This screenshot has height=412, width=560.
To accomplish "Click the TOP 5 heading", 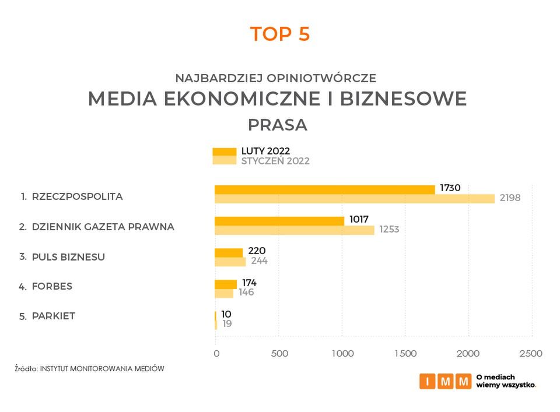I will (x=280, y=34).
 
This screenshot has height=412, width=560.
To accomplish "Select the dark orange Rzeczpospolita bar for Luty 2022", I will (x=324, y=189).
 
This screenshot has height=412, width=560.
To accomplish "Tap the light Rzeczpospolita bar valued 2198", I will (x=354, y=199).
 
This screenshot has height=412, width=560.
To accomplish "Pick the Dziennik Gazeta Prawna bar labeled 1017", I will (x=279, y=221).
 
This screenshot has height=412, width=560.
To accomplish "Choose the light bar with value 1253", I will (x=294, y=230).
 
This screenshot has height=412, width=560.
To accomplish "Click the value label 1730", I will (x=450, y=188).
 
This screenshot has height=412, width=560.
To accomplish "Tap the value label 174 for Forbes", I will (x=249, y=283).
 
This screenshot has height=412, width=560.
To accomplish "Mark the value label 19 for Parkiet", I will (x=227, y=323).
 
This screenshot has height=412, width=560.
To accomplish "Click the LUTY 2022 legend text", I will (x=265, y=152).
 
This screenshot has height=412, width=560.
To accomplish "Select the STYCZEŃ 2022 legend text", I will (x=275, y=161).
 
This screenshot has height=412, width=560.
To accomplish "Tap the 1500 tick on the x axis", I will (x=405, y=353).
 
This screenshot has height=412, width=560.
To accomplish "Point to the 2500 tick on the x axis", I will (x=531, y=353).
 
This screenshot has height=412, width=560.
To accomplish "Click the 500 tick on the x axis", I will (x=280, y=353).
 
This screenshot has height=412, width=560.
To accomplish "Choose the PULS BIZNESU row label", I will (x=68, y=256).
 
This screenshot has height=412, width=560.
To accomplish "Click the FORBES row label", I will (x=52, y=287).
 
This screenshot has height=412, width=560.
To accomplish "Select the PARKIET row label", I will (x=54, y=316).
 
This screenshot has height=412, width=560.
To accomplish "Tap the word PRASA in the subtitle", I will (x=278, y=125).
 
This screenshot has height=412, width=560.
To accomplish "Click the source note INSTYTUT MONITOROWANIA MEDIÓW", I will (x=102, y=368).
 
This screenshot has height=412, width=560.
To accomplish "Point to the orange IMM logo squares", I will (x=445, y=382).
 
